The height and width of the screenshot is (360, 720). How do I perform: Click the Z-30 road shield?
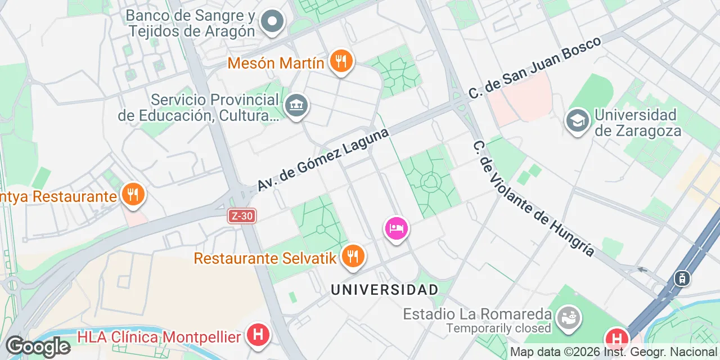[x=242, y=216]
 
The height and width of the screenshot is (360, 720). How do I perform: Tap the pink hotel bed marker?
[x=396, y=228]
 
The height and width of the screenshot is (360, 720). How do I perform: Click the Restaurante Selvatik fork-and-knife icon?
[x=353, y=256]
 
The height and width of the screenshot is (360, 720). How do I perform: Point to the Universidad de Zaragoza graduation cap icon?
[x=577, y=120]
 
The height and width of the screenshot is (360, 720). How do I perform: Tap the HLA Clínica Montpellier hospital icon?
[x=258, y=335]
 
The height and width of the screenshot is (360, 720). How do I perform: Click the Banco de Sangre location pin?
[x=273, y=22]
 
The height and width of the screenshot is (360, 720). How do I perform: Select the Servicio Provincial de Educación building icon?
[x=296, y=105]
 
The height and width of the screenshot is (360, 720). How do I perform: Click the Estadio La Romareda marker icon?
[x=568, y=318]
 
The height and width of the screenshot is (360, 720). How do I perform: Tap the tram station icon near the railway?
[x=682, y=277]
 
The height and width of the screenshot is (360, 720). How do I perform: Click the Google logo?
[x=37, y=346]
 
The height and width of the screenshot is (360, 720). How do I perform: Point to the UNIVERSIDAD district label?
[x=385, y=290]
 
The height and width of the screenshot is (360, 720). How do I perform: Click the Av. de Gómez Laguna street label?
[x=323, y=160]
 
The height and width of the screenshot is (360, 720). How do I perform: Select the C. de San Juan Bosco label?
[x=534, y=67]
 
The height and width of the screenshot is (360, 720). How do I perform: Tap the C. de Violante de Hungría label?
[x=534, y=198]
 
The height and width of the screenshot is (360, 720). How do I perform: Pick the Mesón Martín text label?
[x=276, y=63]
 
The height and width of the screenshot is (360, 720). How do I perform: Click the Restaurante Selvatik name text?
[x=265, y=258]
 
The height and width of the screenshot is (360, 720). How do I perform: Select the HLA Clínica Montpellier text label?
[x=159, y=337]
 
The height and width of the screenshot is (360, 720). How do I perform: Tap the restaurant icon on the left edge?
[x=133, y=195]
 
